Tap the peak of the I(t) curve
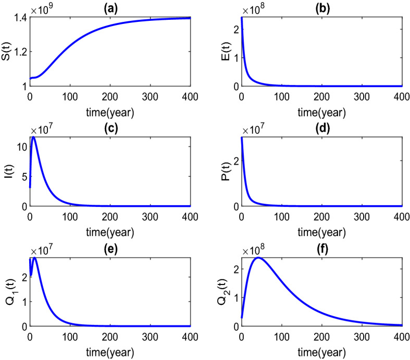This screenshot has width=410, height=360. (x=34, y=137)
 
